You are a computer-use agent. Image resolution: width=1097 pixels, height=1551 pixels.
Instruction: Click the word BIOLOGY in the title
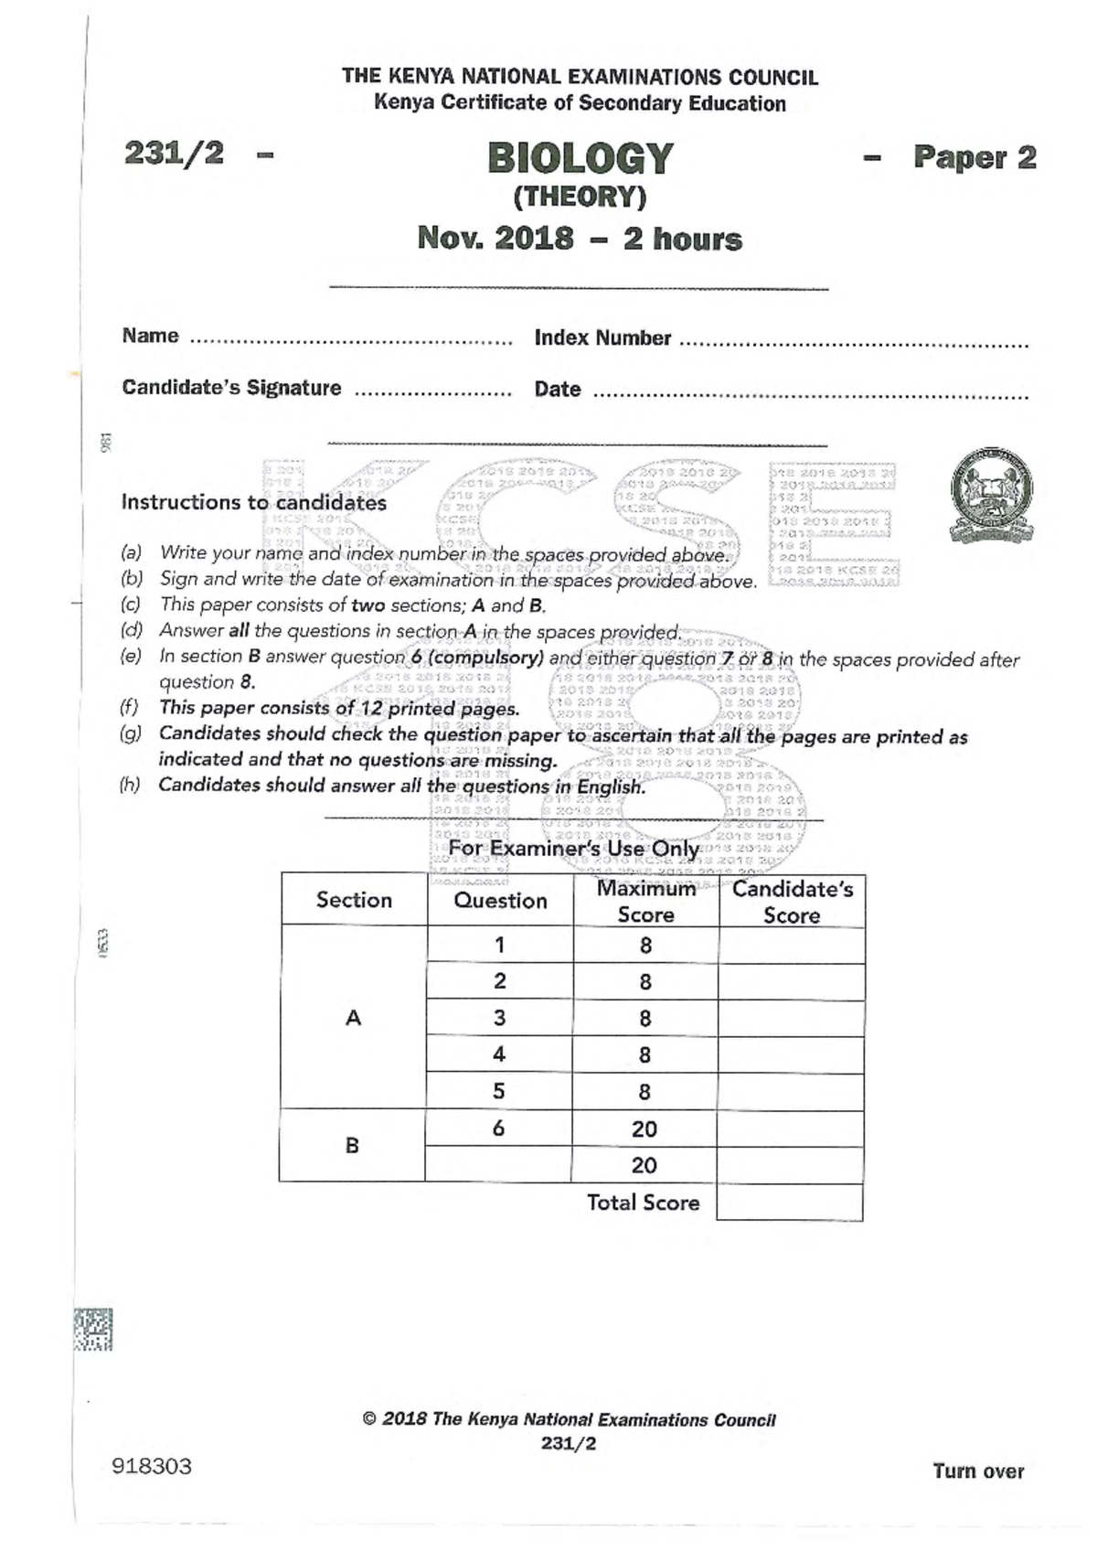coord(580,158)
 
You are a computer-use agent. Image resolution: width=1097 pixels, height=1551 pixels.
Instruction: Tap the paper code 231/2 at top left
coord(174,153)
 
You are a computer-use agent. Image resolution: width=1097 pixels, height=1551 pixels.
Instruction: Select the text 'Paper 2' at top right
coord(975,157)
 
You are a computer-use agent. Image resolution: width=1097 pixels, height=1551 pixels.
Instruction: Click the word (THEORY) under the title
coord(580,197)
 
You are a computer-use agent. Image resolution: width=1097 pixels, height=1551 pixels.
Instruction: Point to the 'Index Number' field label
coord(602,338)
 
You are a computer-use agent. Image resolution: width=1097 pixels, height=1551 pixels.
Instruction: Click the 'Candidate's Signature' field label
coord(231,388)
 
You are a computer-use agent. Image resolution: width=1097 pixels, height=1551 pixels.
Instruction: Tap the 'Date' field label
coord(558,390)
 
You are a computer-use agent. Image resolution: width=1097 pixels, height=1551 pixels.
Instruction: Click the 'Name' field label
coord(150,336)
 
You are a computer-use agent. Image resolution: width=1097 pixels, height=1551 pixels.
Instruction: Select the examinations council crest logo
coord(992,495)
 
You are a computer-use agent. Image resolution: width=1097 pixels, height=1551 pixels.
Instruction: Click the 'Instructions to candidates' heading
coord(253,502)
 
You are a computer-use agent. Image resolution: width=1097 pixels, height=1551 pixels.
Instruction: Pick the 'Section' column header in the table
coord(354,900)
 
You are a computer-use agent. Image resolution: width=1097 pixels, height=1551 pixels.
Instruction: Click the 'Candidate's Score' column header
coord(792,902)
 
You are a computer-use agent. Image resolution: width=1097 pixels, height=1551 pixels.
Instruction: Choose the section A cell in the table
coord(354,1018)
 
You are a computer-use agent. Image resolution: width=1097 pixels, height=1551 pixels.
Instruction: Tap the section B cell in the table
coord(352,1145)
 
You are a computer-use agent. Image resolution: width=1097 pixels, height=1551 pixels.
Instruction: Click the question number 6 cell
coord(498,1128)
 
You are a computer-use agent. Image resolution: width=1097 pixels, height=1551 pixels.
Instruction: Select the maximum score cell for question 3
coord(645,1019)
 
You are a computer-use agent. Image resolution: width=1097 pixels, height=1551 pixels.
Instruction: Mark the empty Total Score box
coord(790,1203)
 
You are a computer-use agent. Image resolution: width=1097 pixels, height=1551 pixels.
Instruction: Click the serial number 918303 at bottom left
coord(152,1467)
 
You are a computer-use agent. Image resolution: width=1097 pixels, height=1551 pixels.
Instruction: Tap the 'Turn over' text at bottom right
coord(978,1471)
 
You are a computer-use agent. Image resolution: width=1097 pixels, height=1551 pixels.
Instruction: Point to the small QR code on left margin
coord(92,1330)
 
